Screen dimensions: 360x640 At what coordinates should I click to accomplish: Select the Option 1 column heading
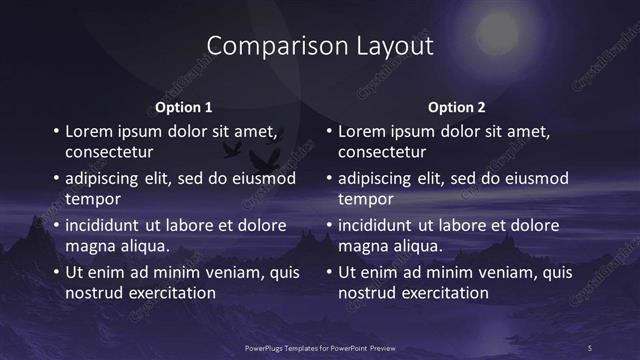(x=184, y=107)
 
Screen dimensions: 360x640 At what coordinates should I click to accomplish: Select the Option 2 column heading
(x=457, y=107)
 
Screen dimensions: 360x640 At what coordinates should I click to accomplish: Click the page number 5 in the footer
(x=589, y=347)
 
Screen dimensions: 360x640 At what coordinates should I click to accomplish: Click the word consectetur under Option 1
(x=109, y=153)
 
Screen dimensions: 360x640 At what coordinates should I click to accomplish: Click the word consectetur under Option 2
(x=382, y=153)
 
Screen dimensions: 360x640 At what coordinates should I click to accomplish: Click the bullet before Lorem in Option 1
(x=56, y=131)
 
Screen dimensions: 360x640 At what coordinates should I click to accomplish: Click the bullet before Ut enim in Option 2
(x=329, y=272)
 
